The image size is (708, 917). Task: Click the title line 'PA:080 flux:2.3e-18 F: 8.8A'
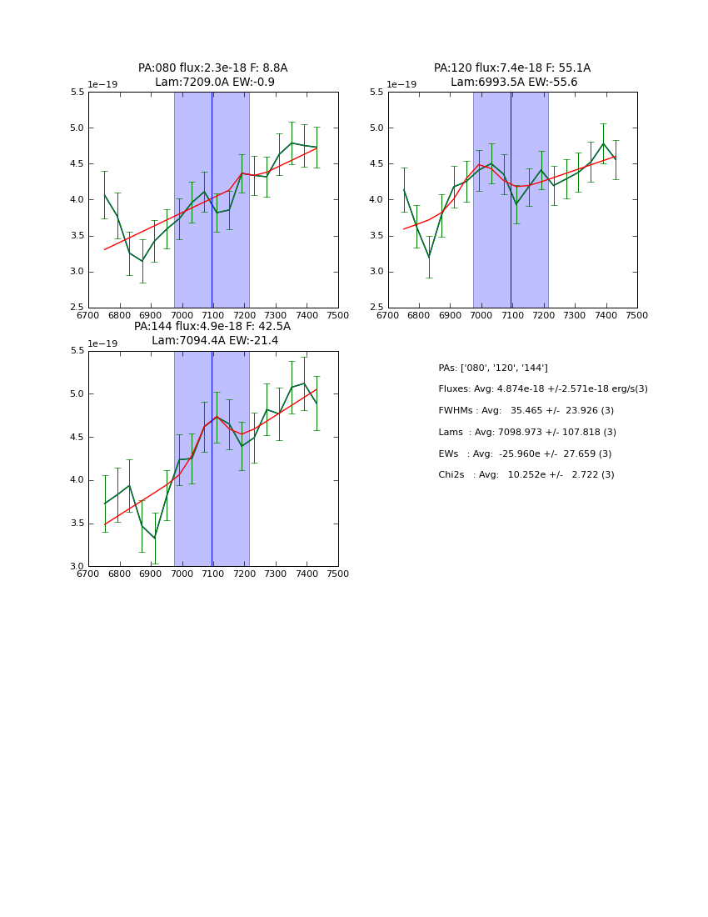[x=212, y=68]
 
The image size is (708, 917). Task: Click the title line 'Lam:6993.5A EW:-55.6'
[x=513, y=83]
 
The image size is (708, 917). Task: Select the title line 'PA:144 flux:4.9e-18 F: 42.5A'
[x=212, y=327]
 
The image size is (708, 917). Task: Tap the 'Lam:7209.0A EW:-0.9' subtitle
[x=214, y=83]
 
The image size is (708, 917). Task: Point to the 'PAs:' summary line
[x=493, y=368]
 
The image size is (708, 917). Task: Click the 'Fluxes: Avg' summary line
[x=542, y=389]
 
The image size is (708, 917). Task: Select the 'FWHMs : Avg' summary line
[x=526, y=411]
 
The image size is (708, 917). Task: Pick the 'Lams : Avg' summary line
[x=527, y=433]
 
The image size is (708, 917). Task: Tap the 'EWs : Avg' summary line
[x=525, y=454]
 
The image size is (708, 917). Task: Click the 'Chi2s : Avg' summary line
[x=526, y=475]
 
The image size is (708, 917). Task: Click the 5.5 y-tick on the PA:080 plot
[x=77, y=93]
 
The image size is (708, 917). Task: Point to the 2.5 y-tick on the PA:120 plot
[x=376, y=308]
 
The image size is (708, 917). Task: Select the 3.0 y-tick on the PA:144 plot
[x=77, y=567]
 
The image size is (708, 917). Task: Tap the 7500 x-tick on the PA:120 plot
[x=637, y=316]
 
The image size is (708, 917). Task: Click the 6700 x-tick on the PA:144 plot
[x=88, y=574]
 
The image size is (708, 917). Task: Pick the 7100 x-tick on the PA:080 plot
[x=213, y=316]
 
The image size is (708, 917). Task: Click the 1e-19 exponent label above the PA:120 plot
[x=401, y=85]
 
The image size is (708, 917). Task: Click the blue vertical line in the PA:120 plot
[x=511, y=200]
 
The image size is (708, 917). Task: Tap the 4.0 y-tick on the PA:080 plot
[x=77, y=200]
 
